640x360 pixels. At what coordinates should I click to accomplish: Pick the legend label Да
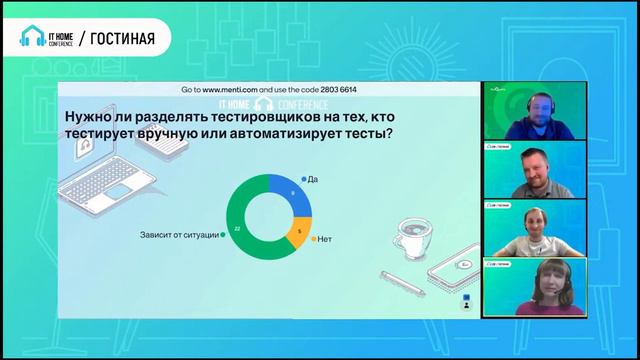click(x=312, y=178)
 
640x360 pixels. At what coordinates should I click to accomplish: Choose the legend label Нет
click(x=324, y=240)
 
